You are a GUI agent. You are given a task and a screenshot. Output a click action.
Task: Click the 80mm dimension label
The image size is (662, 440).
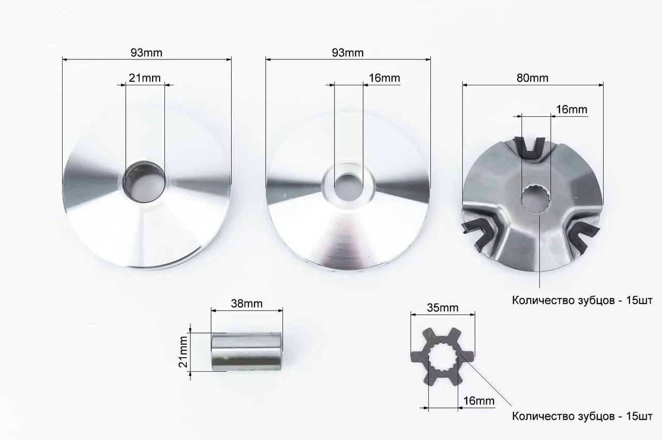532,78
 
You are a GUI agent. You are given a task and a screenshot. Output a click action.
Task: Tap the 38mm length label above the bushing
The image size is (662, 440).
247,304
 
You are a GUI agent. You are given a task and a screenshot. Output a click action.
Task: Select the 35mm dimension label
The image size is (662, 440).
442,308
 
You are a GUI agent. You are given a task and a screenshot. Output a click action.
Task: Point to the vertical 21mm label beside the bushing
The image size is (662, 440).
183,352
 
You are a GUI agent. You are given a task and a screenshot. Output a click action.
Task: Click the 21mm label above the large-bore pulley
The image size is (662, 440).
144,78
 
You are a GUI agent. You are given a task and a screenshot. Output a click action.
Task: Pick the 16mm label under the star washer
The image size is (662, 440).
478,401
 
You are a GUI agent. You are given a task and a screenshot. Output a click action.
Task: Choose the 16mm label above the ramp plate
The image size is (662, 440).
571,110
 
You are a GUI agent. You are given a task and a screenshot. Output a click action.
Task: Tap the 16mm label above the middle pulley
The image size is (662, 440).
384,78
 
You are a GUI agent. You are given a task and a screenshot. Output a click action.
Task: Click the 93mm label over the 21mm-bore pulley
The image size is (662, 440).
146,53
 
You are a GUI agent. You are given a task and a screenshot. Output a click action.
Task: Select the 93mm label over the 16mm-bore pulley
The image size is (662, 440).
348,53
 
